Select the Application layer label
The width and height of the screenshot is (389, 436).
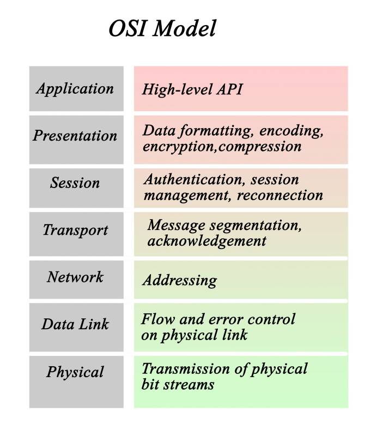[75, 89]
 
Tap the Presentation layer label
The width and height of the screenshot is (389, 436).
[75, 135]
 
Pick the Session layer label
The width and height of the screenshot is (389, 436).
[75, 183]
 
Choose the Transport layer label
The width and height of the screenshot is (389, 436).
[75, 230]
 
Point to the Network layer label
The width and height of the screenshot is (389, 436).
[75, 277]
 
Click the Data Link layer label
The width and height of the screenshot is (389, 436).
[75, 324]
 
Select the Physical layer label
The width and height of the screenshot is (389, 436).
[75, 373]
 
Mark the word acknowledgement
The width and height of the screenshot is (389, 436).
[206, 240]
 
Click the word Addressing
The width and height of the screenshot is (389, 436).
[180, 281]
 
